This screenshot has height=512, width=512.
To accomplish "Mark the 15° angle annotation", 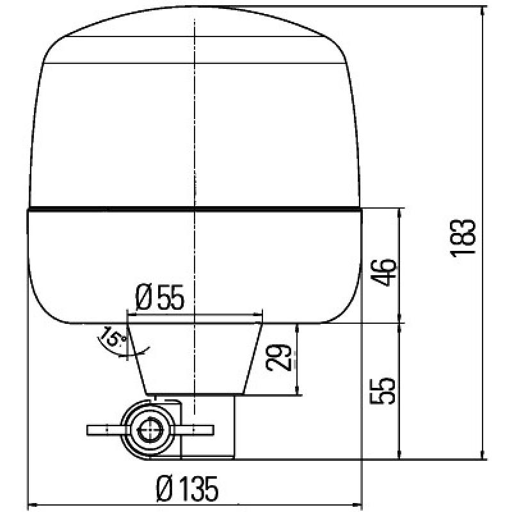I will click(110, 337).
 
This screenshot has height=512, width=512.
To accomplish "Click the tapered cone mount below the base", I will click(195, 358).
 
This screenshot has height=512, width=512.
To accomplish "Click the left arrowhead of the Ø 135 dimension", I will click(32, 504).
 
